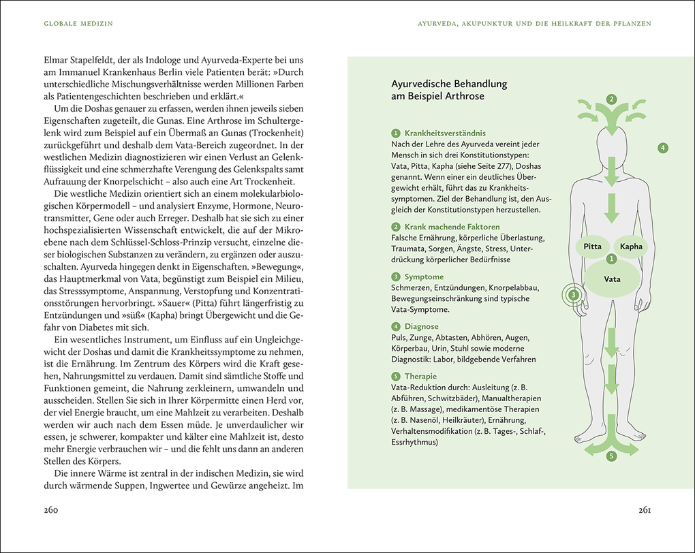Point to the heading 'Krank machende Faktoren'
coord(452,227)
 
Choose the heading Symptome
coord(424,276)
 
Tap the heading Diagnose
coord(421,326)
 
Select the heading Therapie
coord(420,376)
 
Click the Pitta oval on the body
coord(592,247)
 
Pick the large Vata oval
coord(612,279)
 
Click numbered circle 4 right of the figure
coord(663,148)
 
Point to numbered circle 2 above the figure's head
coord(612,99)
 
